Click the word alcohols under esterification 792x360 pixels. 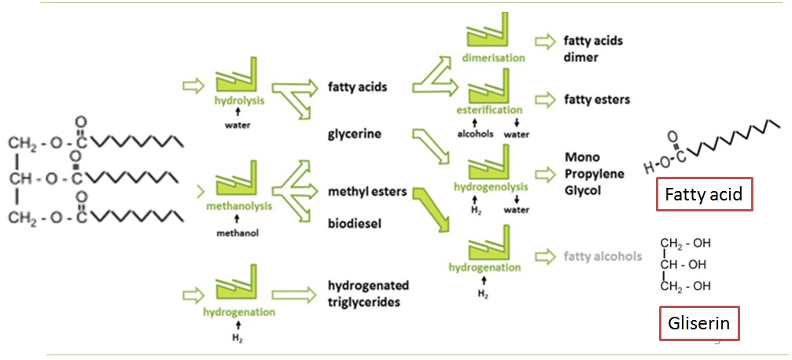click(475, 134)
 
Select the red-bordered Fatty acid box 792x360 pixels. click(705, 194)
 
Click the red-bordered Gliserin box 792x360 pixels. click(698, 322)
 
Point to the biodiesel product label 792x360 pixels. click(355, 223)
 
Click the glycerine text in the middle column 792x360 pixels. click(355, 134)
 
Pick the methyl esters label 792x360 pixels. click(367, 192)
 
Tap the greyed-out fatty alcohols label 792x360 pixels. click(602, 255)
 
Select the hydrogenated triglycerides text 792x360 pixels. click(368, 294)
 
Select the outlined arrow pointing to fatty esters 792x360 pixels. click(543, 100)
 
